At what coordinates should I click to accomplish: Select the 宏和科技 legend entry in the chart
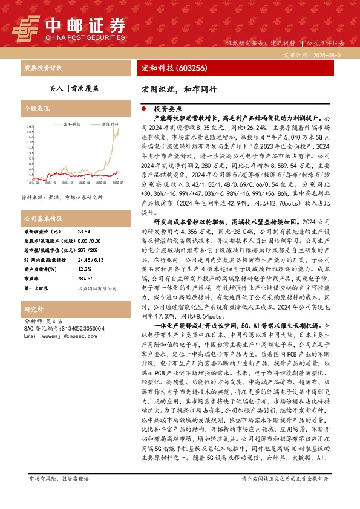point(72,123)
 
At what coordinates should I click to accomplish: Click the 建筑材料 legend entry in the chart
point(109,123)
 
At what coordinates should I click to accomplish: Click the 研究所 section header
point(31,308)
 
